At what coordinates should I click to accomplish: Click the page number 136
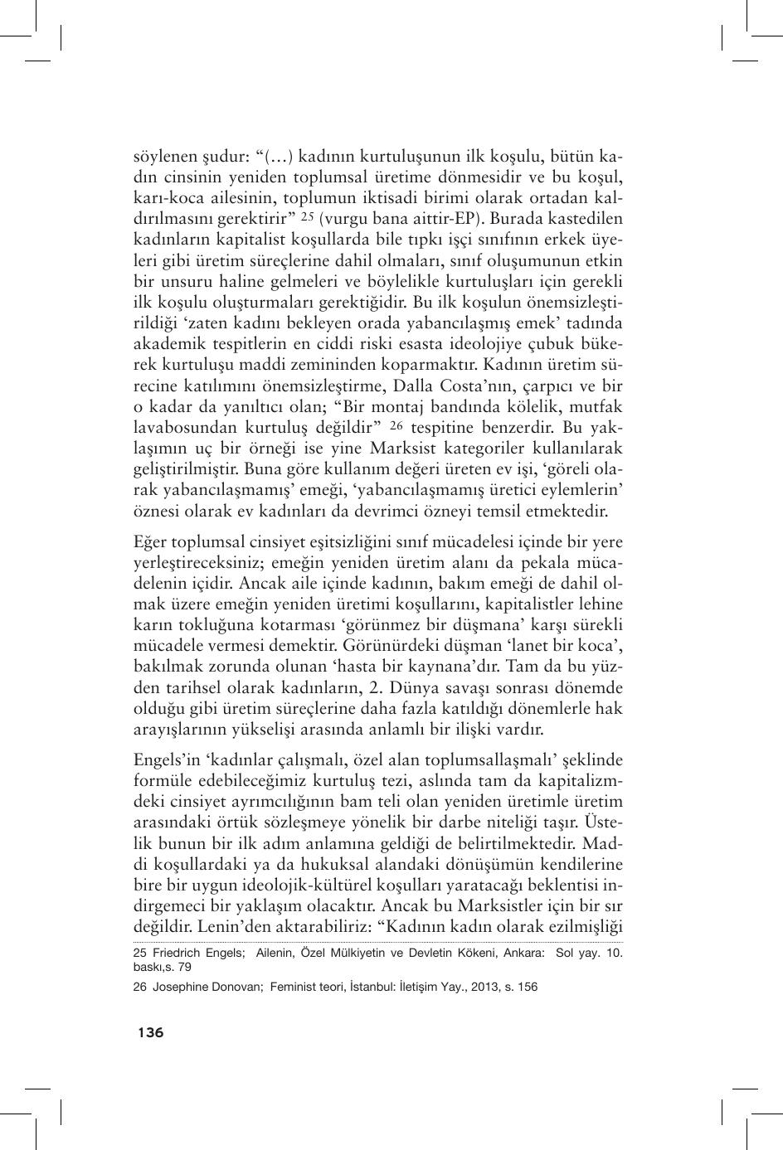pos(150,1032)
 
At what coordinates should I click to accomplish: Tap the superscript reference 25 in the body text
pos(307,216)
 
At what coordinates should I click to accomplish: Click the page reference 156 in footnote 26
pos(528,987)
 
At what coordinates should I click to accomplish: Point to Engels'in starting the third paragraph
pos(163,760)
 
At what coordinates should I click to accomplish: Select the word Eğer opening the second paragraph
pos(150,542)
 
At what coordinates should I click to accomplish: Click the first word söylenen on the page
pos(164,157)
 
